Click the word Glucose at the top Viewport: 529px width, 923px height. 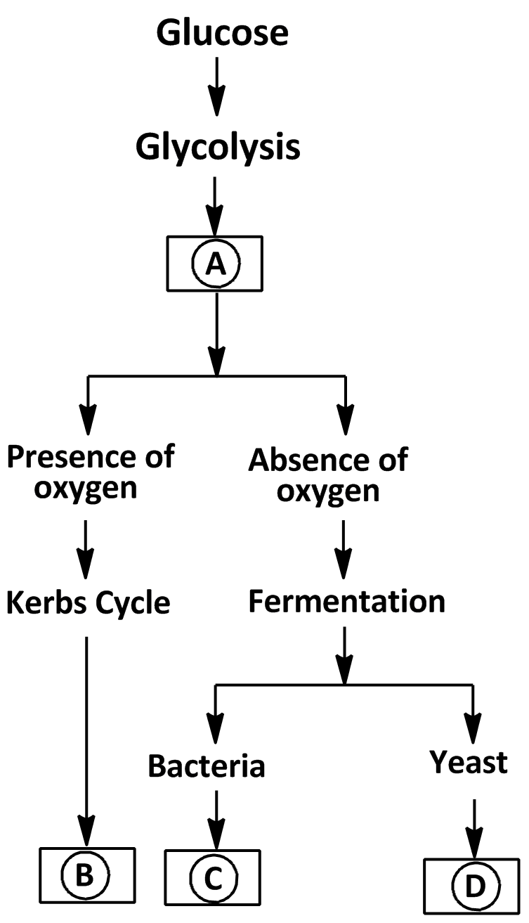click(223, 34)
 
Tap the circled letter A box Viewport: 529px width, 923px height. click(215, 264)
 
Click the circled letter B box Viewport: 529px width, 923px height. click(86, 874)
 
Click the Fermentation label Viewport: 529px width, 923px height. click(346, 602)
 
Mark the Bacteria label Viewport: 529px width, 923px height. click(207, 766)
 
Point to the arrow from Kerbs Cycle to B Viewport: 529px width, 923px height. click(86, 738)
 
